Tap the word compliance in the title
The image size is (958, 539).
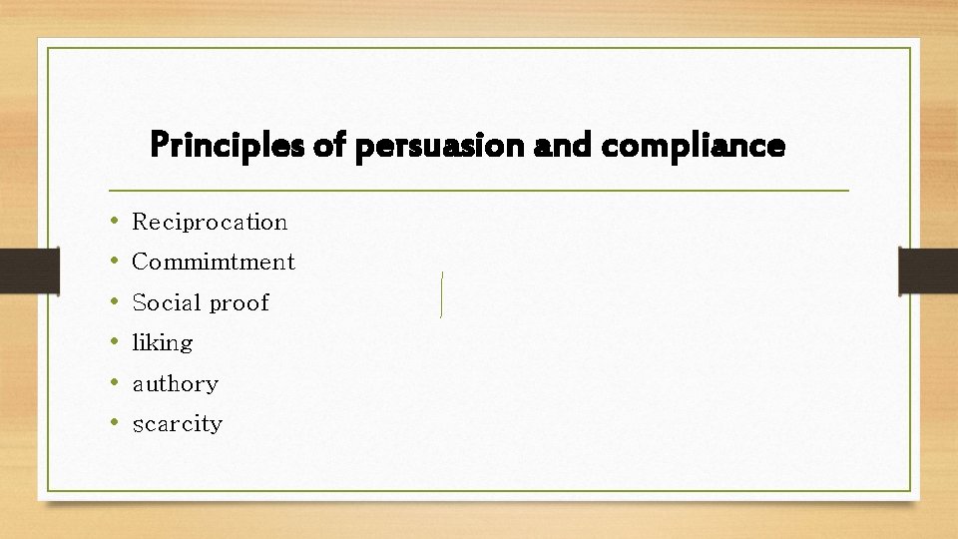pyautogui.click(x=695, y=147)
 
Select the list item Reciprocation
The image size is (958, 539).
pyautogui.click(x=210, y=222)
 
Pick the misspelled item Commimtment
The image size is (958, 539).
pyautogui.click(x=214, y=263)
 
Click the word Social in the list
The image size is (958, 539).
pyautogui.click(x=167, y=302)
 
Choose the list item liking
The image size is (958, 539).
pyautogui.click(x=163, y=343)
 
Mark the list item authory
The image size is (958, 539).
pyautogui.click(x=176, y=384)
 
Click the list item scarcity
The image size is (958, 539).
pyautogui.click(x=178, y=424)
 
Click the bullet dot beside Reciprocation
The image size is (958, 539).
pyautogui.click(x=116, y=221)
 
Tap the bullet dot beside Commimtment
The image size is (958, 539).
pyautogui.click(x=116, y=262)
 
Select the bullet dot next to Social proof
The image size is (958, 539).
pyautogui.click(x=116, y=301)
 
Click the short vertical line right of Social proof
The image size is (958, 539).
pyautogui.click(x=441, y=294)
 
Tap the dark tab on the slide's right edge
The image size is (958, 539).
pyautogui.click(x=927, y=270)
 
